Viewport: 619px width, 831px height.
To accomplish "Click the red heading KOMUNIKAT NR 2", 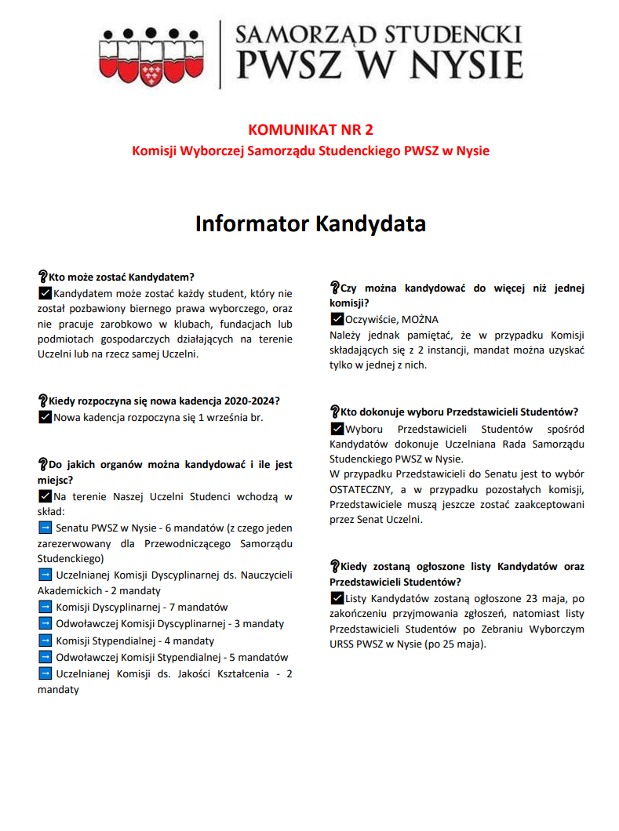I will (x=310, y=129).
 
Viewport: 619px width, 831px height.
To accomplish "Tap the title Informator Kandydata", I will (x=310, y=224).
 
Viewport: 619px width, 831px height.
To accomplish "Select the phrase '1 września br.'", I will (x=231, y=417).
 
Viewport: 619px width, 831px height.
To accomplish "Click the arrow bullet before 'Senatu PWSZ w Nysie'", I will (x=45, y=528).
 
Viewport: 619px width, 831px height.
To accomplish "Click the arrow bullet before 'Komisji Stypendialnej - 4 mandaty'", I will (x=45, y=640).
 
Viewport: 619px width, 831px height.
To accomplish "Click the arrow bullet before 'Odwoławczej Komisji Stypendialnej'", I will (x=45, y=657).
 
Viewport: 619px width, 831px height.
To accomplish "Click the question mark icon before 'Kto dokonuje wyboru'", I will (x=333, y=411).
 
